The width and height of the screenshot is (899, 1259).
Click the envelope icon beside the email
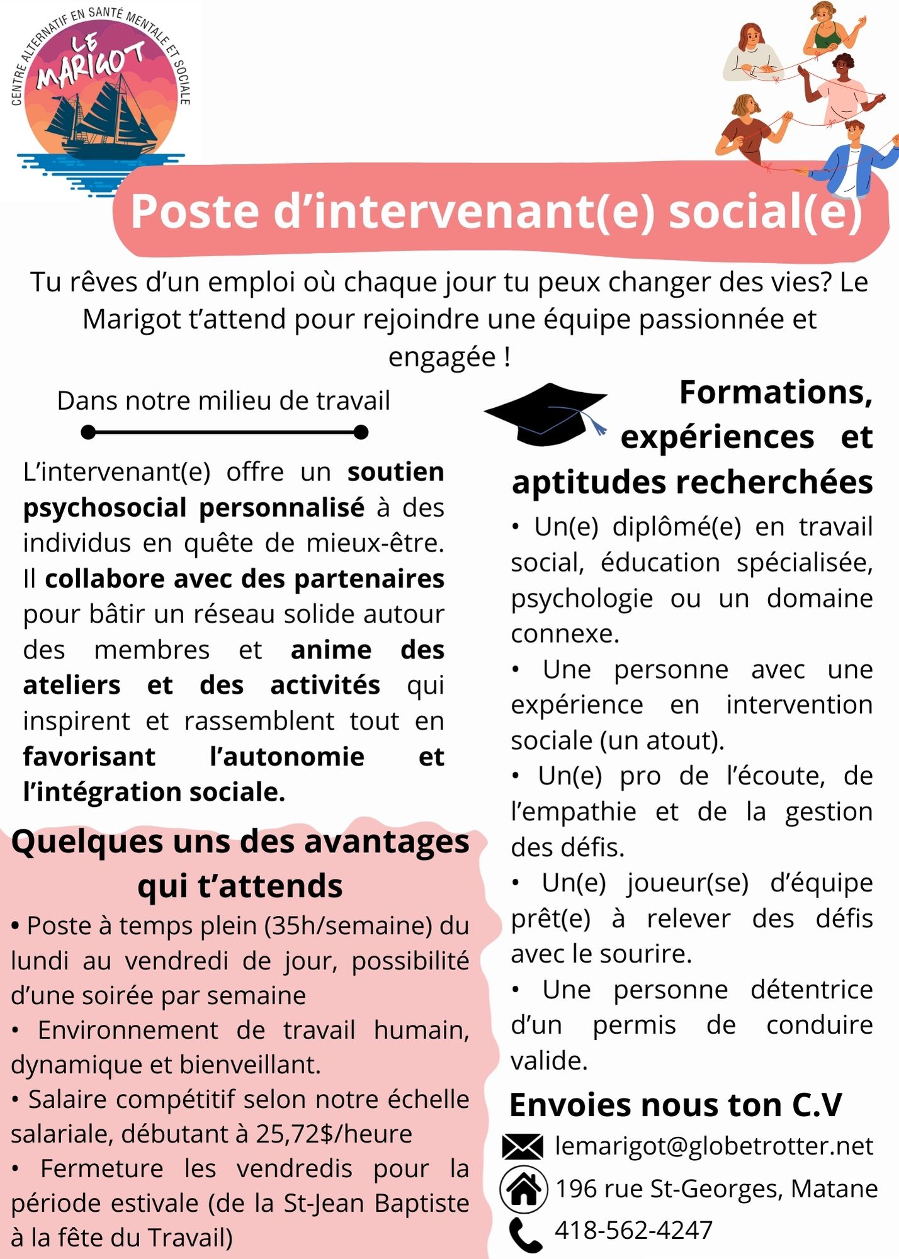click(523, 1146)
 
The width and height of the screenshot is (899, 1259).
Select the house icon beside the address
click(523, 1189)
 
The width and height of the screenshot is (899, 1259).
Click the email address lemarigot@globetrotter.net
click(713, 1146)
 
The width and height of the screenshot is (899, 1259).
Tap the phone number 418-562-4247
click(633, 1230)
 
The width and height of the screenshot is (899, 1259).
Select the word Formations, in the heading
click(776, 393)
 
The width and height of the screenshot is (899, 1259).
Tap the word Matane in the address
click(834, 1189)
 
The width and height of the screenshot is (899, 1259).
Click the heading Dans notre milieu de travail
click(223, 401)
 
